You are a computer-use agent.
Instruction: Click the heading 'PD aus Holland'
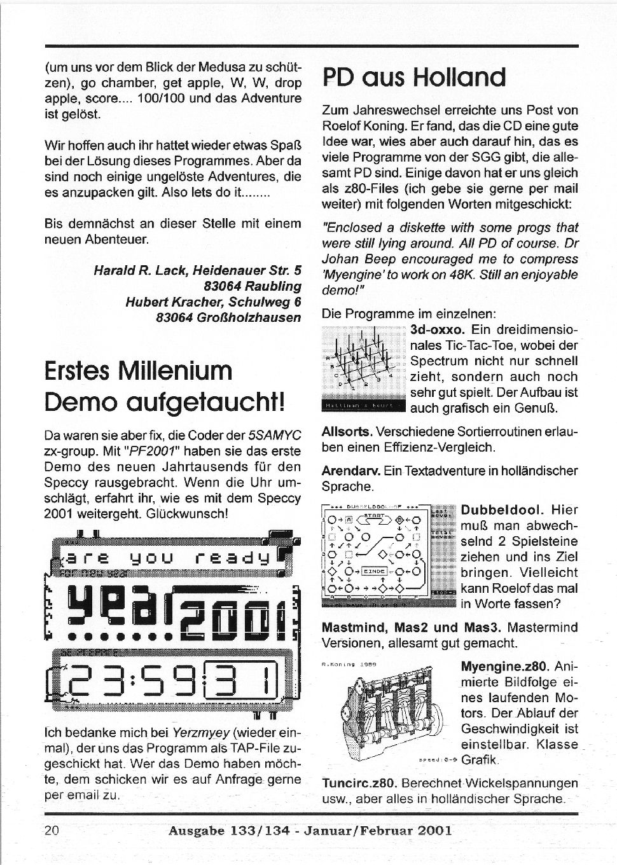point(414,78)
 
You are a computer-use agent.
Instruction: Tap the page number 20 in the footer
point(52,830)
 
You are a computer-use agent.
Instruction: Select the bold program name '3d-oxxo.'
point(438,331)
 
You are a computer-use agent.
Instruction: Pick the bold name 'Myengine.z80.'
point(504,667)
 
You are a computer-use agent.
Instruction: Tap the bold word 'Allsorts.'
point(347,432)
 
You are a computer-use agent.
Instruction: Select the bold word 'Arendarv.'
point(351,471)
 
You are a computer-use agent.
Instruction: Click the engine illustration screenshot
point(388,712)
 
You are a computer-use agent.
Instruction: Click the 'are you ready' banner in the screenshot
point(172,559)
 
